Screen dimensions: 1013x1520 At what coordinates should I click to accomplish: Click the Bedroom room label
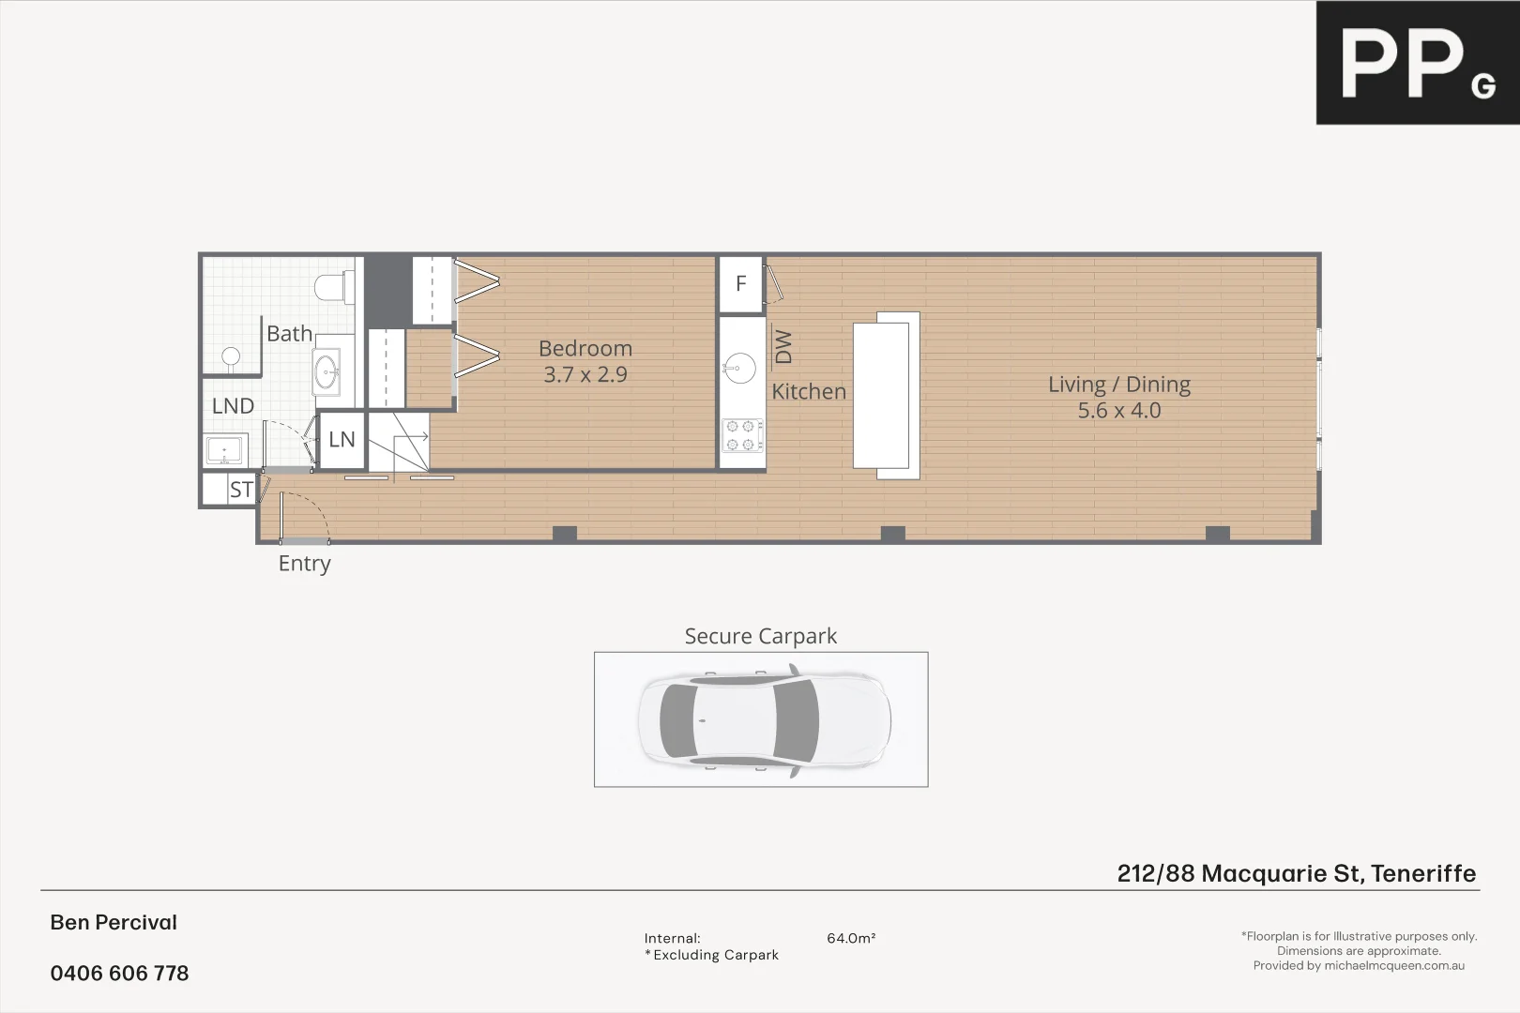point(585,349)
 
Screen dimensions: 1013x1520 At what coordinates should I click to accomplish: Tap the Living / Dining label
point(1118,385)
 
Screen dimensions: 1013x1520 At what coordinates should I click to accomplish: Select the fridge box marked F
point(740,283)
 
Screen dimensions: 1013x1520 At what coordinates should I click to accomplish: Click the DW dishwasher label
point(783,346)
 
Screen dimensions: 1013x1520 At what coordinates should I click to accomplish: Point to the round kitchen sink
point(740,368)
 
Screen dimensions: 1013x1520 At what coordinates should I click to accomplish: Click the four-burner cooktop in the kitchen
point(741,435)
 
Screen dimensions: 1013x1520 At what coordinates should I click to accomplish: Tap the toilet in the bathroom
point(335,286)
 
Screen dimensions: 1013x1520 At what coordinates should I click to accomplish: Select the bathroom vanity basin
point(327,371)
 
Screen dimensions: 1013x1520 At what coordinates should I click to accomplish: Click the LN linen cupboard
point(342,439)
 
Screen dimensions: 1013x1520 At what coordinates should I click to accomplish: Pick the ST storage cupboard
point(240,490)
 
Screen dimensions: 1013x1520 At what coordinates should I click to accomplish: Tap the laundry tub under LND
point(225,450)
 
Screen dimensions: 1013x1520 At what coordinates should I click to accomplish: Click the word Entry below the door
point(304,564)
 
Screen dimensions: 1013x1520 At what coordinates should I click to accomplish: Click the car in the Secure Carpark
point(764,720)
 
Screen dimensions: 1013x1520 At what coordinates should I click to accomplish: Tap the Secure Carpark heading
point(760,636)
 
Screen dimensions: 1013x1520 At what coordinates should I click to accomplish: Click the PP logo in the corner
point(1417,63)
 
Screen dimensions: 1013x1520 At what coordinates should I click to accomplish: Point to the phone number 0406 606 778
point(119,974)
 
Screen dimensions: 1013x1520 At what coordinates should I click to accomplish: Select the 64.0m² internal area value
point(851,938)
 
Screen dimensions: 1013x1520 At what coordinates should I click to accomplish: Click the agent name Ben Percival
point(114,922)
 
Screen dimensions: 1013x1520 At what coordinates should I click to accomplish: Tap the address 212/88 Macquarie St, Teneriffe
point(1296,873)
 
